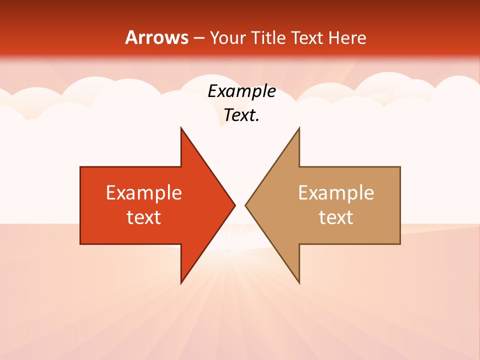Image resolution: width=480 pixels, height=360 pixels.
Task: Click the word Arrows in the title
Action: pyautogui.click(x=156, y=37)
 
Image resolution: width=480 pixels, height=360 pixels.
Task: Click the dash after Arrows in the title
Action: pyautogui.click(x=198, y=38)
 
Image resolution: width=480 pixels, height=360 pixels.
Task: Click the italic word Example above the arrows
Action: pyautogui.click(x=241, y=91)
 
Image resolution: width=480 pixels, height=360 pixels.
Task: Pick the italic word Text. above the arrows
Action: pyautogui.click(x=241, y=115)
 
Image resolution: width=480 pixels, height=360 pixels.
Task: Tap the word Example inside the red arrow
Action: pyautogui.click(x=144, y=192)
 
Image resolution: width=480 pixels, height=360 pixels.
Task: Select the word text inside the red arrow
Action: pyautogui.click(x=144, y=217)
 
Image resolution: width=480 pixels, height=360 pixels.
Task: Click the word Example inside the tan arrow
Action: pyautogui.click(x=336, y=192)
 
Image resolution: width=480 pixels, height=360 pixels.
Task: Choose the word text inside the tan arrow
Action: pyautogui.click(x=336, y=217)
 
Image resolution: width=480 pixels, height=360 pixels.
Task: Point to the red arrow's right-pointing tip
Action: pyautogui.click(x=234, y=205)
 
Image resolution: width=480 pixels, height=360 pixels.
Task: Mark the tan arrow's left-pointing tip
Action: pyautogui.click(x=245, y=205)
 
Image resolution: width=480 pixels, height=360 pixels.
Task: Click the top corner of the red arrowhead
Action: pyautogui.click(x=181, y=128)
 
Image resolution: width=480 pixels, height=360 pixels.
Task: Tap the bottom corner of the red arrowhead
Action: pyautogui.click(x=181, y=283)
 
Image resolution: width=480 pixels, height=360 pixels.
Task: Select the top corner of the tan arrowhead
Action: pyautogui.click(x=299, y=128)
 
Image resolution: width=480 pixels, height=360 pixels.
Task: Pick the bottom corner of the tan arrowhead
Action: pyautogui.click(x=299, y=283)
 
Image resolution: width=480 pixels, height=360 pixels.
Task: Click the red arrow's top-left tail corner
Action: pyautogui.click(x=80, y=167)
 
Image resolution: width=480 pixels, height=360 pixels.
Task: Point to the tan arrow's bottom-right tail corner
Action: pyautogui.click(x=400, y=244)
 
